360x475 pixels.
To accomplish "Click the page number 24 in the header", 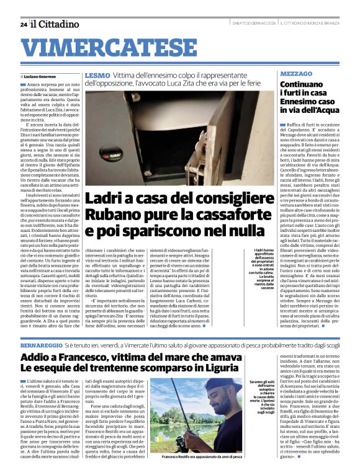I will tap(23, 24).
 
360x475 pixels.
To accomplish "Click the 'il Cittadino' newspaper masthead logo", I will tap(56, 24).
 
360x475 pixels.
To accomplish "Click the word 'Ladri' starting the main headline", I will tap(102, 199).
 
